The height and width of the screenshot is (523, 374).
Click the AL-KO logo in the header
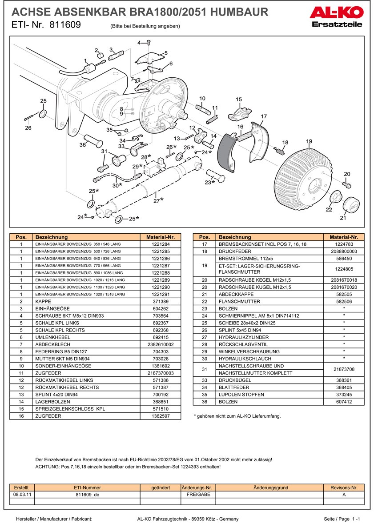[336, 12]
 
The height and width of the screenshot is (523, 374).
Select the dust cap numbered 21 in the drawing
[351, 205]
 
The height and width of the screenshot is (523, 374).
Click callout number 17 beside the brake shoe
[264, 117]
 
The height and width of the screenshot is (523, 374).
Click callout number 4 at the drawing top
[139, 43]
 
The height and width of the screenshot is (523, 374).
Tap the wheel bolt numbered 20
[348, 184]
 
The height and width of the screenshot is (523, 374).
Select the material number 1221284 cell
[160, 244]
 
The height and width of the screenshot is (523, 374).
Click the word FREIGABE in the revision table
[198, 495]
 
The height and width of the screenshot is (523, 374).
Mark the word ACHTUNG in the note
[46, 467]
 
